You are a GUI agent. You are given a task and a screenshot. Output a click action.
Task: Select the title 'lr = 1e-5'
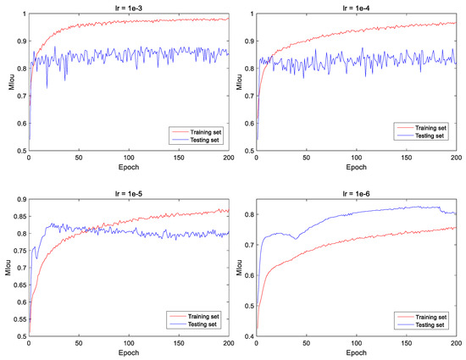pos(128,192)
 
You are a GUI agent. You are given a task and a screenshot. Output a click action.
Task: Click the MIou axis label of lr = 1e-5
pos(7,268)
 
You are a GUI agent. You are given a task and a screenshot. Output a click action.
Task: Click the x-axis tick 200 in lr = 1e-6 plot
pos(456,343)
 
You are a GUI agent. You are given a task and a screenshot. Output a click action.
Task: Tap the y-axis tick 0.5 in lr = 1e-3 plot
pos(20,151)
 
